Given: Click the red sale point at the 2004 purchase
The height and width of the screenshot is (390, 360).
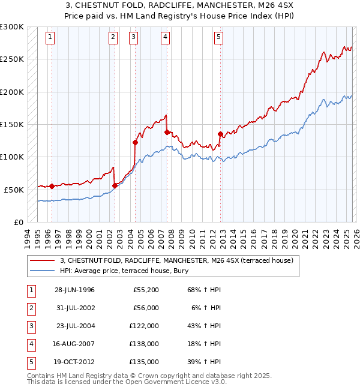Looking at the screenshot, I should (135, 142).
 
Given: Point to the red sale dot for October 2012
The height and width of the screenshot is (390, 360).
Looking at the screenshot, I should (220, 134).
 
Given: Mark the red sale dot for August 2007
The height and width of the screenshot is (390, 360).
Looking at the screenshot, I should (167, 132).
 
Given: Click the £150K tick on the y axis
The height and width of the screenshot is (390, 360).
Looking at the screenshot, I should (12, 124).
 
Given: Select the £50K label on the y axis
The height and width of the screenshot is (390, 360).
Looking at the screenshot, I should (14, 190).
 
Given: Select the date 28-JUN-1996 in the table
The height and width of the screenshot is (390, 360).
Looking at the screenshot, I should (74, 290).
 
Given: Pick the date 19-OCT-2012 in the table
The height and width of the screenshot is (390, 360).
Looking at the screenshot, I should (74, 362).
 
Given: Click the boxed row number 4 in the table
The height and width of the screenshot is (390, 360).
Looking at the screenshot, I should (30, 344).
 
